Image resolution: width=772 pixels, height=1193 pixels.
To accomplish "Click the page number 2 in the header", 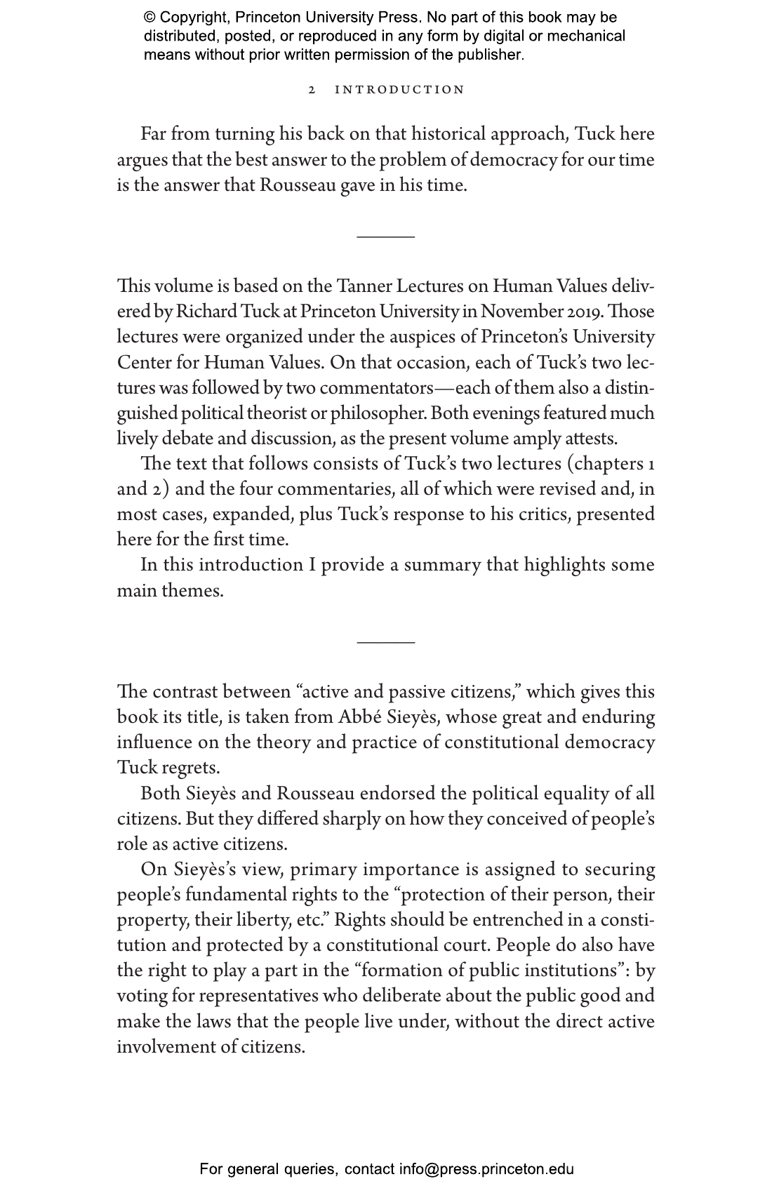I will coord(312,90).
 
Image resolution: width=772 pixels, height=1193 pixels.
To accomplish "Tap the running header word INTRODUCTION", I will coord(399,90).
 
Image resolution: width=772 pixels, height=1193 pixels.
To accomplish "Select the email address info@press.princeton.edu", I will coord(486,1169).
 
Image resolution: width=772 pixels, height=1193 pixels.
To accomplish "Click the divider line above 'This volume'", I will coord(385,236).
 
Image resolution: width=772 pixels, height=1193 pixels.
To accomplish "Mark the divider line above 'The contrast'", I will coord(385,641).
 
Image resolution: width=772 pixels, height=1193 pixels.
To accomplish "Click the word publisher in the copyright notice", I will coord(488,55).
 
